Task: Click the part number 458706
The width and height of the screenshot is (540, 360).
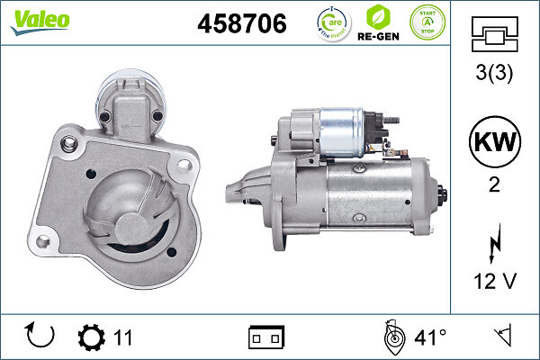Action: [241, 24]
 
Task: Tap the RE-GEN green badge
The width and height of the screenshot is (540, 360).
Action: [379, 23]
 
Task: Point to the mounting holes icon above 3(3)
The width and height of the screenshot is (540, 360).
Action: [494, 38]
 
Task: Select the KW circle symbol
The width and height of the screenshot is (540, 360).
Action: [494, 142]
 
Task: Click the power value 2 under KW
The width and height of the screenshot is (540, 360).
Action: [494, 186]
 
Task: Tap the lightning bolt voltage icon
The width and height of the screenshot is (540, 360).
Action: [494, 242]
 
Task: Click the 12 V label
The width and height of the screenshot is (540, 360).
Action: [494, 283]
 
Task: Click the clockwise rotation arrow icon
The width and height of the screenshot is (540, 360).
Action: [40, 337]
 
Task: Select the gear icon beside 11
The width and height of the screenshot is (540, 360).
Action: [91, 337]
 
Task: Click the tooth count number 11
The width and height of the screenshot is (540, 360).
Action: [123, 337]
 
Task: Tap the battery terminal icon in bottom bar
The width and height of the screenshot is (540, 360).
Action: [265, 337]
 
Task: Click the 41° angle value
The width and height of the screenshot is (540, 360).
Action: [430, 337]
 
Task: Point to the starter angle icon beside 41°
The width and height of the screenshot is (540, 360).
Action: [391, 337]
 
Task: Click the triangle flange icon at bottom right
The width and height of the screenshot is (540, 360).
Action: [502, 337]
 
